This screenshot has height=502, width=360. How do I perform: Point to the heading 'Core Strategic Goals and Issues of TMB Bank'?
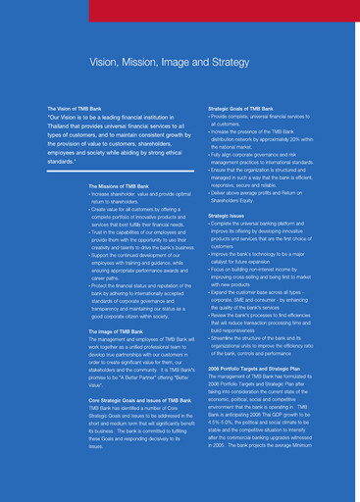point(139,400)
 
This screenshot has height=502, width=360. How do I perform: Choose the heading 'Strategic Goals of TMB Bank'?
point(240,109)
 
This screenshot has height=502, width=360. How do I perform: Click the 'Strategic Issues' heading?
point(227,216)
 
